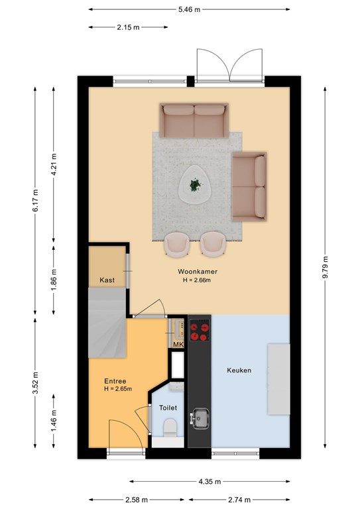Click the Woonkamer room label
tap(198, 271)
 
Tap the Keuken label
tap(239, 370)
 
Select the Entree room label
tap(115, 381)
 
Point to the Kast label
tap(107, 280)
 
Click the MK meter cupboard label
tap(178, 345)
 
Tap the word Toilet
tap(168, 408)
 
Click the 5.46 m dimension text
tap(189, 9)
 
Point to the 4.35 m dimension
tap(210, 481)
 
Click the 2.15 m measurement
tap(128, 27)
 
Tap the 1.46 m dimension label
tap(54, 421)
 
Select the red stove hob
tap(200, 331)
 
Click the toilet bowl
tap(170, 428)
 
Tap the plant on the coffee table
tap(195, 185)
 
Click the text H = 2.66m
tap(197, 280)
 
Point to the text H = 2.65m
tap(118, 389)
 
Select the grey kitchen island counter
tap(278, 379)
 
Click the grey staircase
tap(107, 323)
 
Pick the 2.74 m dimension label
tap(239, 500)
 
